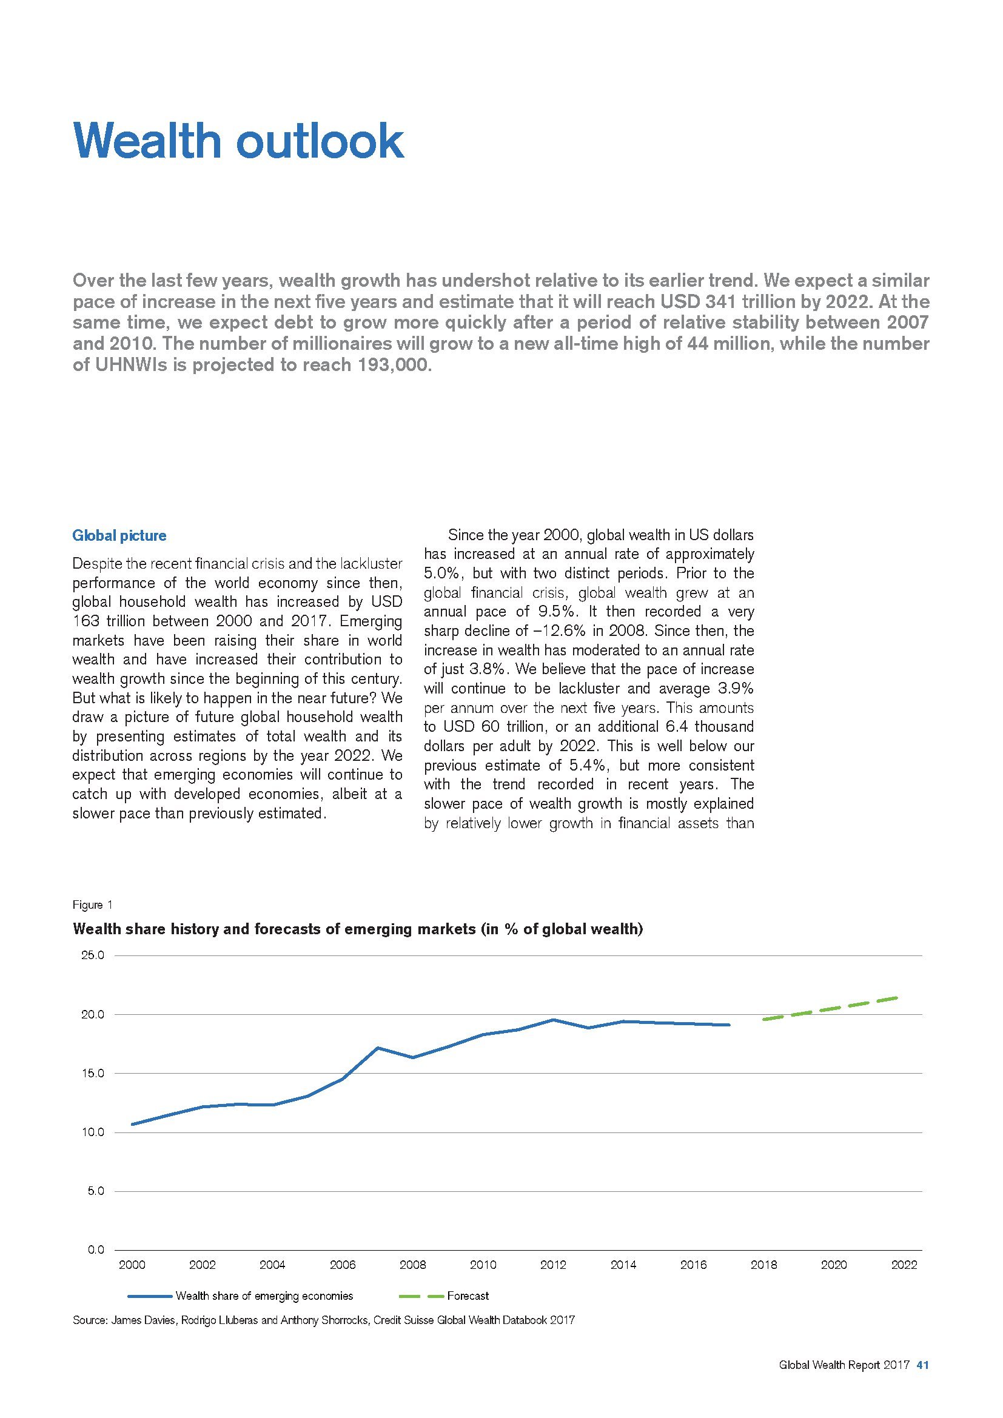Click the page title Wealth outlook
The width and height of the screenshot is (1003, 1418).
point(238,141)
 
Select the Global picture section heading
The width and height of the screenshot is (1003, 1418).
point(119,535)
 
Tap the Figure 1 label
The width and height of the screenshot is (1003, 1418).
point(93,905)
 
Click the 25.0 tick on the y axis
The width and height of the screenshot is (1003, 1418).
point(93,956)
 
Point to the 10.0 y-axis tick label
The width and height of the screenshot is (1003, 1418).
point(93,1132)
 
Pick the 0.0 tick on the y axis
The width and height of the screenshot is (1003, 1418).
point(95,1251)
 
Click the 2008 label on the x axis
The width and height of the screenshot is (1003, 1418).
point(412,1265)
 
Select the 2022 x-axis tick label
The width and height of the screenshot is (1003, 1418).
point(904,1265)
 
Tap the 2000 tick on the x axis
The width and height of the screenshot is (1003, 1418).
point(132,1265)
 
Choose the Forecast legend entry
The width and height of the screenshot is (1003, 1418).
point(468,1296)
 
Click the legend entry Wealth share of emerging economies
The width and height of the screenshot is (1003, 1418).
point(264,1296)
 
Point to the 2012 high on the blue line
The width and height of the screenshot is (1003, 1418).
point(553,1020)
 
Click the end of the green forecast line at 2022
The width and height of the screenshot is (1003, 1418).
point(897,997)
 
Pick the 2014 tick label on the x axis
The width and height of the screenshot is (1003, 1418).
point(623,1265)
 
